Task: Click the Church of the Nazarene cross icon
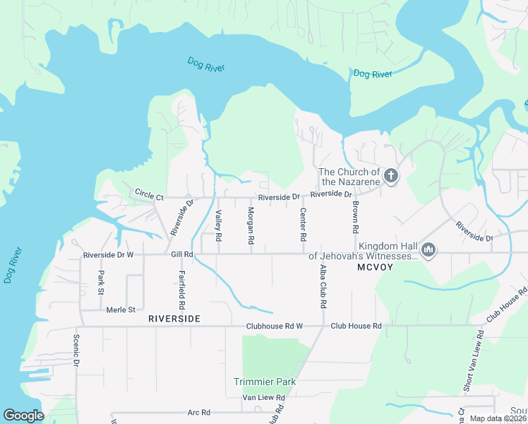pos(390,175)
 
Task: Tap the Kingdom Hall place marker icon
pos(428,249)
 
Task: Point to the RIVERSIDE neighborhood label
pos(174,319)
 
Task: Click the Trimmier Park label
pos(265,382)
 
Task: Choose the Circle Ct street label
pos(149,194)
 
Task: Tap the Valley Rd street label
pos(219,226)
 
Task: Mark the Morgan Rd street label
pos(251,226)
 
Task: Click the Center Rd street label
pos(303,223)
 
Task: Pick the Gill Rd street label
pos(181,254)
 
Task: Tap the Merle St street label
pos(120,310)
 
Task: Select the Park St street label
pos(101,283)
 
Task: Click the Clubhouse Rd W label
pos(274,326)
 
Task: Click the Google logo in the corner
pos(23,415)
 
